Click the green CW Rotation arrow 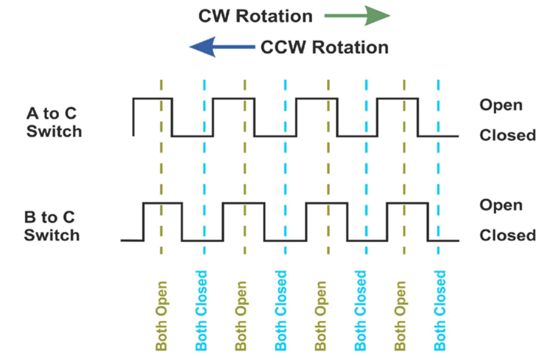[x=357, y=16]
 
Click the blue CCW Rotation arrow [x=222, y=47]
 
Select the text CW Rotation [x=255, y=16]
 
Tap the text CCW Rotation [x=325, y=47]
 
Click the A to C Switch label [x=54, y=122]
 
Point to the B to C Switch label [x=51, y=226]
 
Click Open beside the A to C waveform [x=501, y=105]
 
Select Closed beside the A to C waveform [x=507, y=135]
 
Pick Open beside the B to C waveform [x=501, y=205]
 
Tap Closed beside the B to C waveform [x=507, y=235]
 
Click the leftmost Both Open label [x=162, y=315]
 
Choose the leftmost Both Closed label [x=202, y=310]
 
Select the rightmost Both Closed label [x=439, y=310]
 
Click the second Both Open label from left [x=241, y=315]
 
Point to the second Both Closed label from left [x=281, y=310]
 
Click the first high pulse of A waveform [x=153, y=98]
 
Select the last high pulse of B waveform [x=407, y=202]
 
